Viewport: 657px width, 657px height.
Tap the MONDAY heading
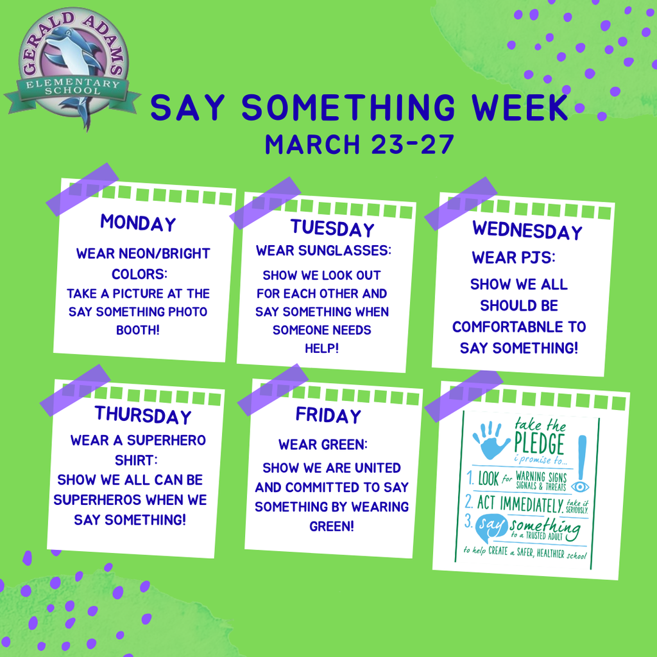(137, 223)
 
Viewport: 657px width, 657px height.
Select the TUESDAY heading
(332, 228)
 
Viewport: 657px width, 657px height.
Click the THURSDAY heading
(143, 415)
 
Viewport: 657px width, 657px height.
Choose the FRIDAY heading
(328, 416)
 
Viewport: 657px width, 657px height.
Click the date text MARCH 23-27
(359, 144)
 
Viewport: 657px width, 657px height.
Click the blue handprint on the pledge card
(491, 439)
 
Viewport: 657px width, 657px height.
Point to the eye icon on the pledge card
(579, 486)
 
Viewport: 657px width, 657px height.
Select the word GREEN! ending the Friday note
(331, 527)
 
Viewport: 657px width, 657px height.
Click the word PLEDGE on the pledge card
(539, 443)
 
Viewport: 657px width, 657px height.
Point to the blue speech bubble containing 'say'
(491, 527)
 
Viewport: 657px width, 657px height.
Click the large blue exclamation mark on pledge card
(582, 452)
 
